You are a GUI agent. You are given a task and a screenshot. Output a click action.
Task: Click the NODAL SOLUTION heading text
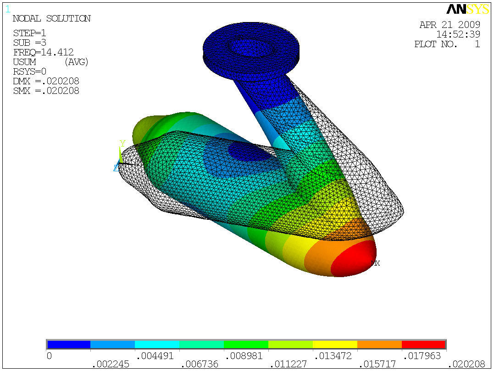pos(51,19)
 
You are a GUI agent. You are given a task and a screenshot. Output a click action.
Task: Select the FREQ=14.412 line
pos(43,52)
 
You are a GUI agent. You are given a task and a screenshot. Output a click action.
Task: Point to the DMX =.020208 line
pos(46,81)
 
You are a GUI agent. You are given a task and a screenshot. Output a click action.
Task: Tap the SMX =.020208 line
pos(46,91)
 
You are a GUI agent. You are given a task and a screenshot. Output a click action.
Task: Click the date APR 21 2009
pos(450,25)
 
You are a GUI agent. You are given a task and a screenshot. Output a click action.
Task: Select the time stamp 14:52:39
pos(458,34)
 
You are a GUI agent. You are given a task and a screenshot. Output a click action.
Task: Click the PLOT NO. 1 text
pos(447,44)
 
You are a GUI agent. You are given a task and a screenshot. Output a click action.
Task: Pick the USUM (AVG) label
pos(50,62)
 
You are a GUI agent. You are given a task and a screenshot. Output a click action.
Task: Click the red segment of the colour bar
pos(423,344)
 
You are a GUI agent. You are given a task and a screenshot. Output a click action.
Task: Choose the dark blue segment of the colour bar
pos(69,344)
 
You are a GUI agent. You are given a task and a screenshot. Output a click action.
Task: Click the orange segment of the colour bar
pos(379,344)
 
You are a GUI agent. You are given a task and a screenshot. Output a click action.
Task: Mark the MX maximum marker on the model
pos(375,263)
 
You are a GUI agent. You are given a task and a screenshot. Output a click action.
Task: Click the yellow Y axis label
pos(122,143)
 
